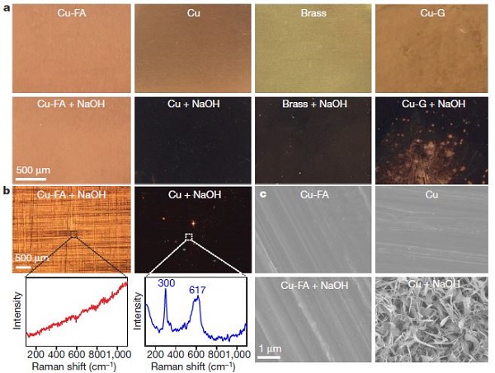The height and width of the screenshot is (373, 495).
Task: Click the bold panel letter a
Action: [x=7, y=7]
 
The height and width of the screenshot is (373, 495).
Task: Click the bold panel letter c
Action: [x=262, y=195]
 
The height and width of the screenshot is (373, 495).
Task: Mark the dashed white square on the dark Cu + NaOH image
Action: [x=188, y=237]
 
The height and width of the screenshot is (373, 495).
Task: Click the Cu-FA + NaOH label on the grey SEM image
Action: [x=314, y=287]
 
